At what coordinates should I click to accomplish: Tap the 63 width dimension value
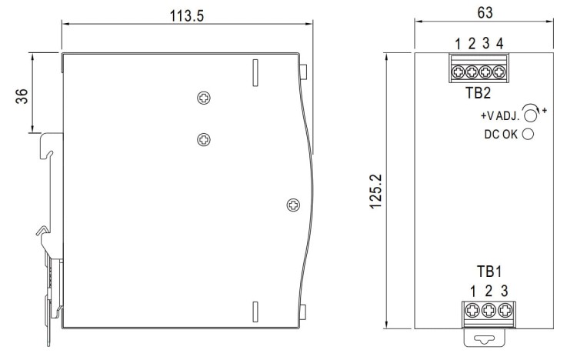(485, 13)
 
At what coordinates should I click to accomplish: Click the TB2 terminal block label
(478, 92)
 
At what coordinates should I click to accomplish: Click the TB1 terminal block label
(488, 272)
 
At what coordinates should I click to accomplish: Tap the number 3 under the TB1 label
(504, 291)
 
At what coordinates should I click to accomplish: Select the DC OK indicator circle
(529, 135)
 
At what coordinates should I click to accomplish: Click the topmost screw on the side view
(202, 98)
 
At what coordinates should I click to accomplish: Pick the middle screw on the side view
(202, 139)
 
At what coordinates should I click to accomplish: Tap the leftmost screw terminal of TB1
(472, 311)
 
